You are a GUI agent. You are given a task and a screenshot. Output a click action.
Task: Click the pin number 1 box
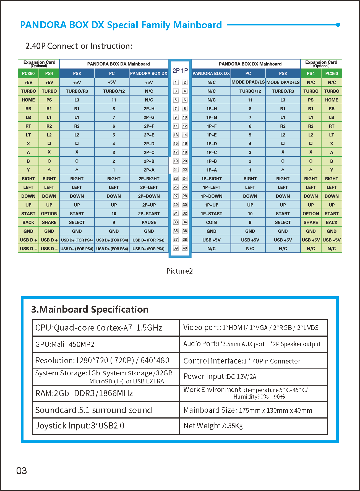pos(176,82)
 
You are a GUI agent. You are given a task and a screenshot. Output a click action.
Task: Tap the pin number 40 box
pos(185,248)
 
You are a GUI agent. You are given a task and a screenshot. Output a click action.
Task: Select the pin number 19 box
pos(176,161)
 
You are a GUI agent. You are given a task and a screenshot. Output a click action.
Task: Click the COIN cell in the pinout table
pos(211,222)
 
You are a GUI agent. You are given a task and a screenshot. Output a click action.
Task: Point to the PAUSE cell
pos(149,222)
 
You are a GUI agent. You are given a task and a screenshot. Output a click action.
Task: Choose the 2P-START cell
pos(149,214)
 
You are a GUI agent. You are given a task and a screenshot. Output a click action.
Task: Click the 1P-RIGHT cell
pos(211,179)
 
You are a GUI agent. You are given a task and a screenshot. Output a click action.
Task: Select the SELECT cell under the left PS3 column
pos(77,222)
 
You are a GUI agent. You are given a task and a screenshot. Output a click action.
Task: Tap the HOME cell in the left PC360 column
pos(28,100)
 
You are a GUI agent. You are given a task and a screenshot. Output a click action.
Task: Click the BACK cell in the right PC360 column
pos(332,222)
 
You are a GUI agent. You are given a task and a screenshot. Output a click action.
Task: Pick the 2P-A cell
pos(149,170)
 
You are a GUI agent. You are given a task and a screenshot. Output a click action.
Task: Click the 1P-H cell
pos(211,109)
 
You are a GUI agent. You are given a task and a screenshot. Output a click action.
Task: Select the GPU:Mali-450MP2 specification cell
pos(106,344)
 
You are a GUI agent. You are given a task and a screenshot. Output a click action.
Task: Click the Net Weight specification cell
pos(253,426)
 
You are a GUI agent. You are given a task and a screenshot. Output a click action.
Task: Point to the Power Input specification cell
pos(253,376)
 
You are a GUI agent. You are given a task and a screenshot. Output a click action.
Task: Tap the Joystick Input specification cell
pos(106,426)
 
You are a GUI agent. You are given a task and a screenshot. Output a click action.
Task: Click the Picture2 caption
pos(179,271)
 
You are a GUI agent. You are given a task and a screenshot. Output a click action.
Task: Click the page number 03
pos(22,471)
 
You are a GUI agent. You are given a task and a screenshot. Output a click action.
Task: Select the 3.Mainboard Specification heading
pos(90,309)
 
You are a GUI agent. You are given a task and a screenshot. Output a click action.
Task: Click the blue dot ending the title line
pos(338,25)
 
